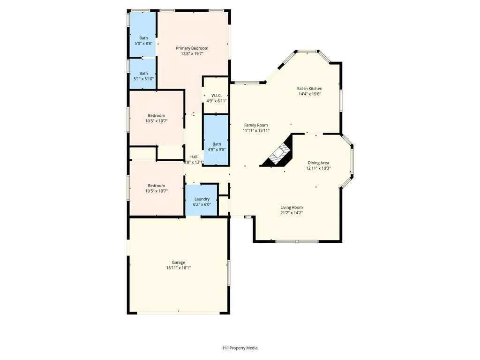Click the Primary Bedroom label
point(192,48)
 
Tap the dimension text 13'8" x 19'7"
point(192,54)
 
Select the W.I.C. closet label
point(216,96)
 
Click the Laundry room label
point(202,199)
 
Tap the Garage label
point(178,262)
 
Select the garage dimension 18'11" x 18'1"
point(178,268)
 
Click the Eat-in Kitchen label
point(309,88)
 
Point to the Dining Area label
point(318,163)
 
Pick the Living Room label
point(292,207)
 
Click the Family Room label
point(255,125)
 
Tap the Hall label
point(194,157)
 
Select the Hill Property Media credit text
point(240,348)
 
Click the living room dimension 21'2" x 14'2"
point(292,213)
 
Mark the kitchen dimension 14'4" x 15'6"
point(309,94)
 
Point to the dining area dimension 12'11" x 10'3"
point(318,168)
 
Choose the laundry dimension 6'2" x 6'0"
point(202,205)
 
